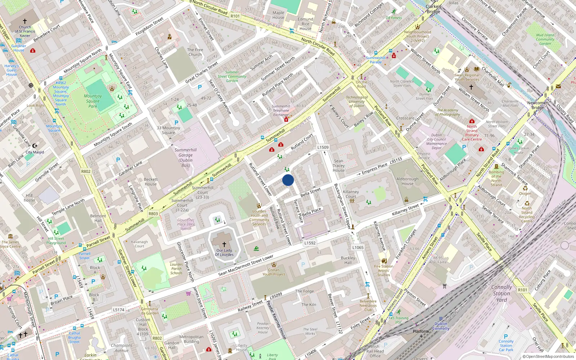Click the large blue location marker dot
[288, 180]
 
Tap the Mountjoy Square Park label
[93, 101]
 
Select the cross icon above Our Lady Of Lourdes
[224, 244]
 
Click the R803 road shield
[153, 213]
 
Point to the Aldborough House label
[408, 181]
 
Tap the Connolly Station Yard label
[501, 293]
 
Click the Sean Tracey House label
[339, 166]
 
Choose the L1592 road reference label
[310, 243]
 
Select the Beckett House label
[150, 181]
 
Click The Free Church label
[195, 52]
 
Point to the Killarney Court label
[351, 194]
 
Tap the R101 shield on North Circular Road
[235, 16]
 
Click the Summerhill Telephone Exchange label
[281, 111]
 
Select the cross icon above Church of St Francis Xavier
[25, 22]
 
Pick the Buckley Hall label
[348, 260]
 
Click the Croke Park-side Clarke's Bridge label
[433, 9]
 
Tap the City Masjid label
[35, 152]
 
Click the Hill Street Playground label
[56, 240]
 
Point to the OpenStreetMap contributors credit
[548, 357]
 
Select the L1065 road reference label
[358, 247]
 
